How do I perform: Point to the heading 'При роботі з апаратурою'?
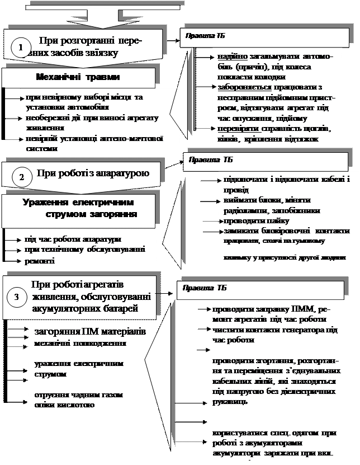[x=93, y=173]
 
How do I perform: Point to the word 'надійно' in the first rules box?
[x=230, y=57]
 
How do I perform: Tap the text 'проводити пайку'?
[x=247, y=221]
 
